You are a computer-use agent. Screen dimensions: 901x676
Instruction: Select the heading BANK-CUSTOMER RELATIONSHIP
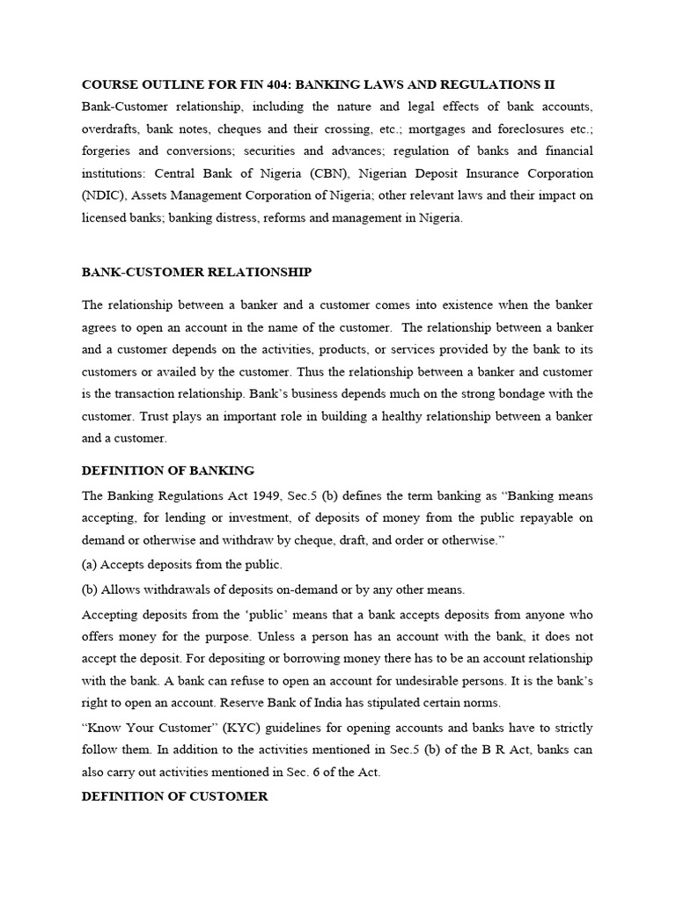pyautogui.click(x=196, y=272)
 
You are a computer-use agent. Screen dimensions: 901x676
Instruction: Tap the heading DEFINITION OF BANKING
pyautogui.click(x=167, y=471)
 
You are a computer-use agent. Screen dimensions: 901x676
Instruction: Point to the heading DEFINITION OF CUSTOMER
pyautogui.click(x=174, y=796)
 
